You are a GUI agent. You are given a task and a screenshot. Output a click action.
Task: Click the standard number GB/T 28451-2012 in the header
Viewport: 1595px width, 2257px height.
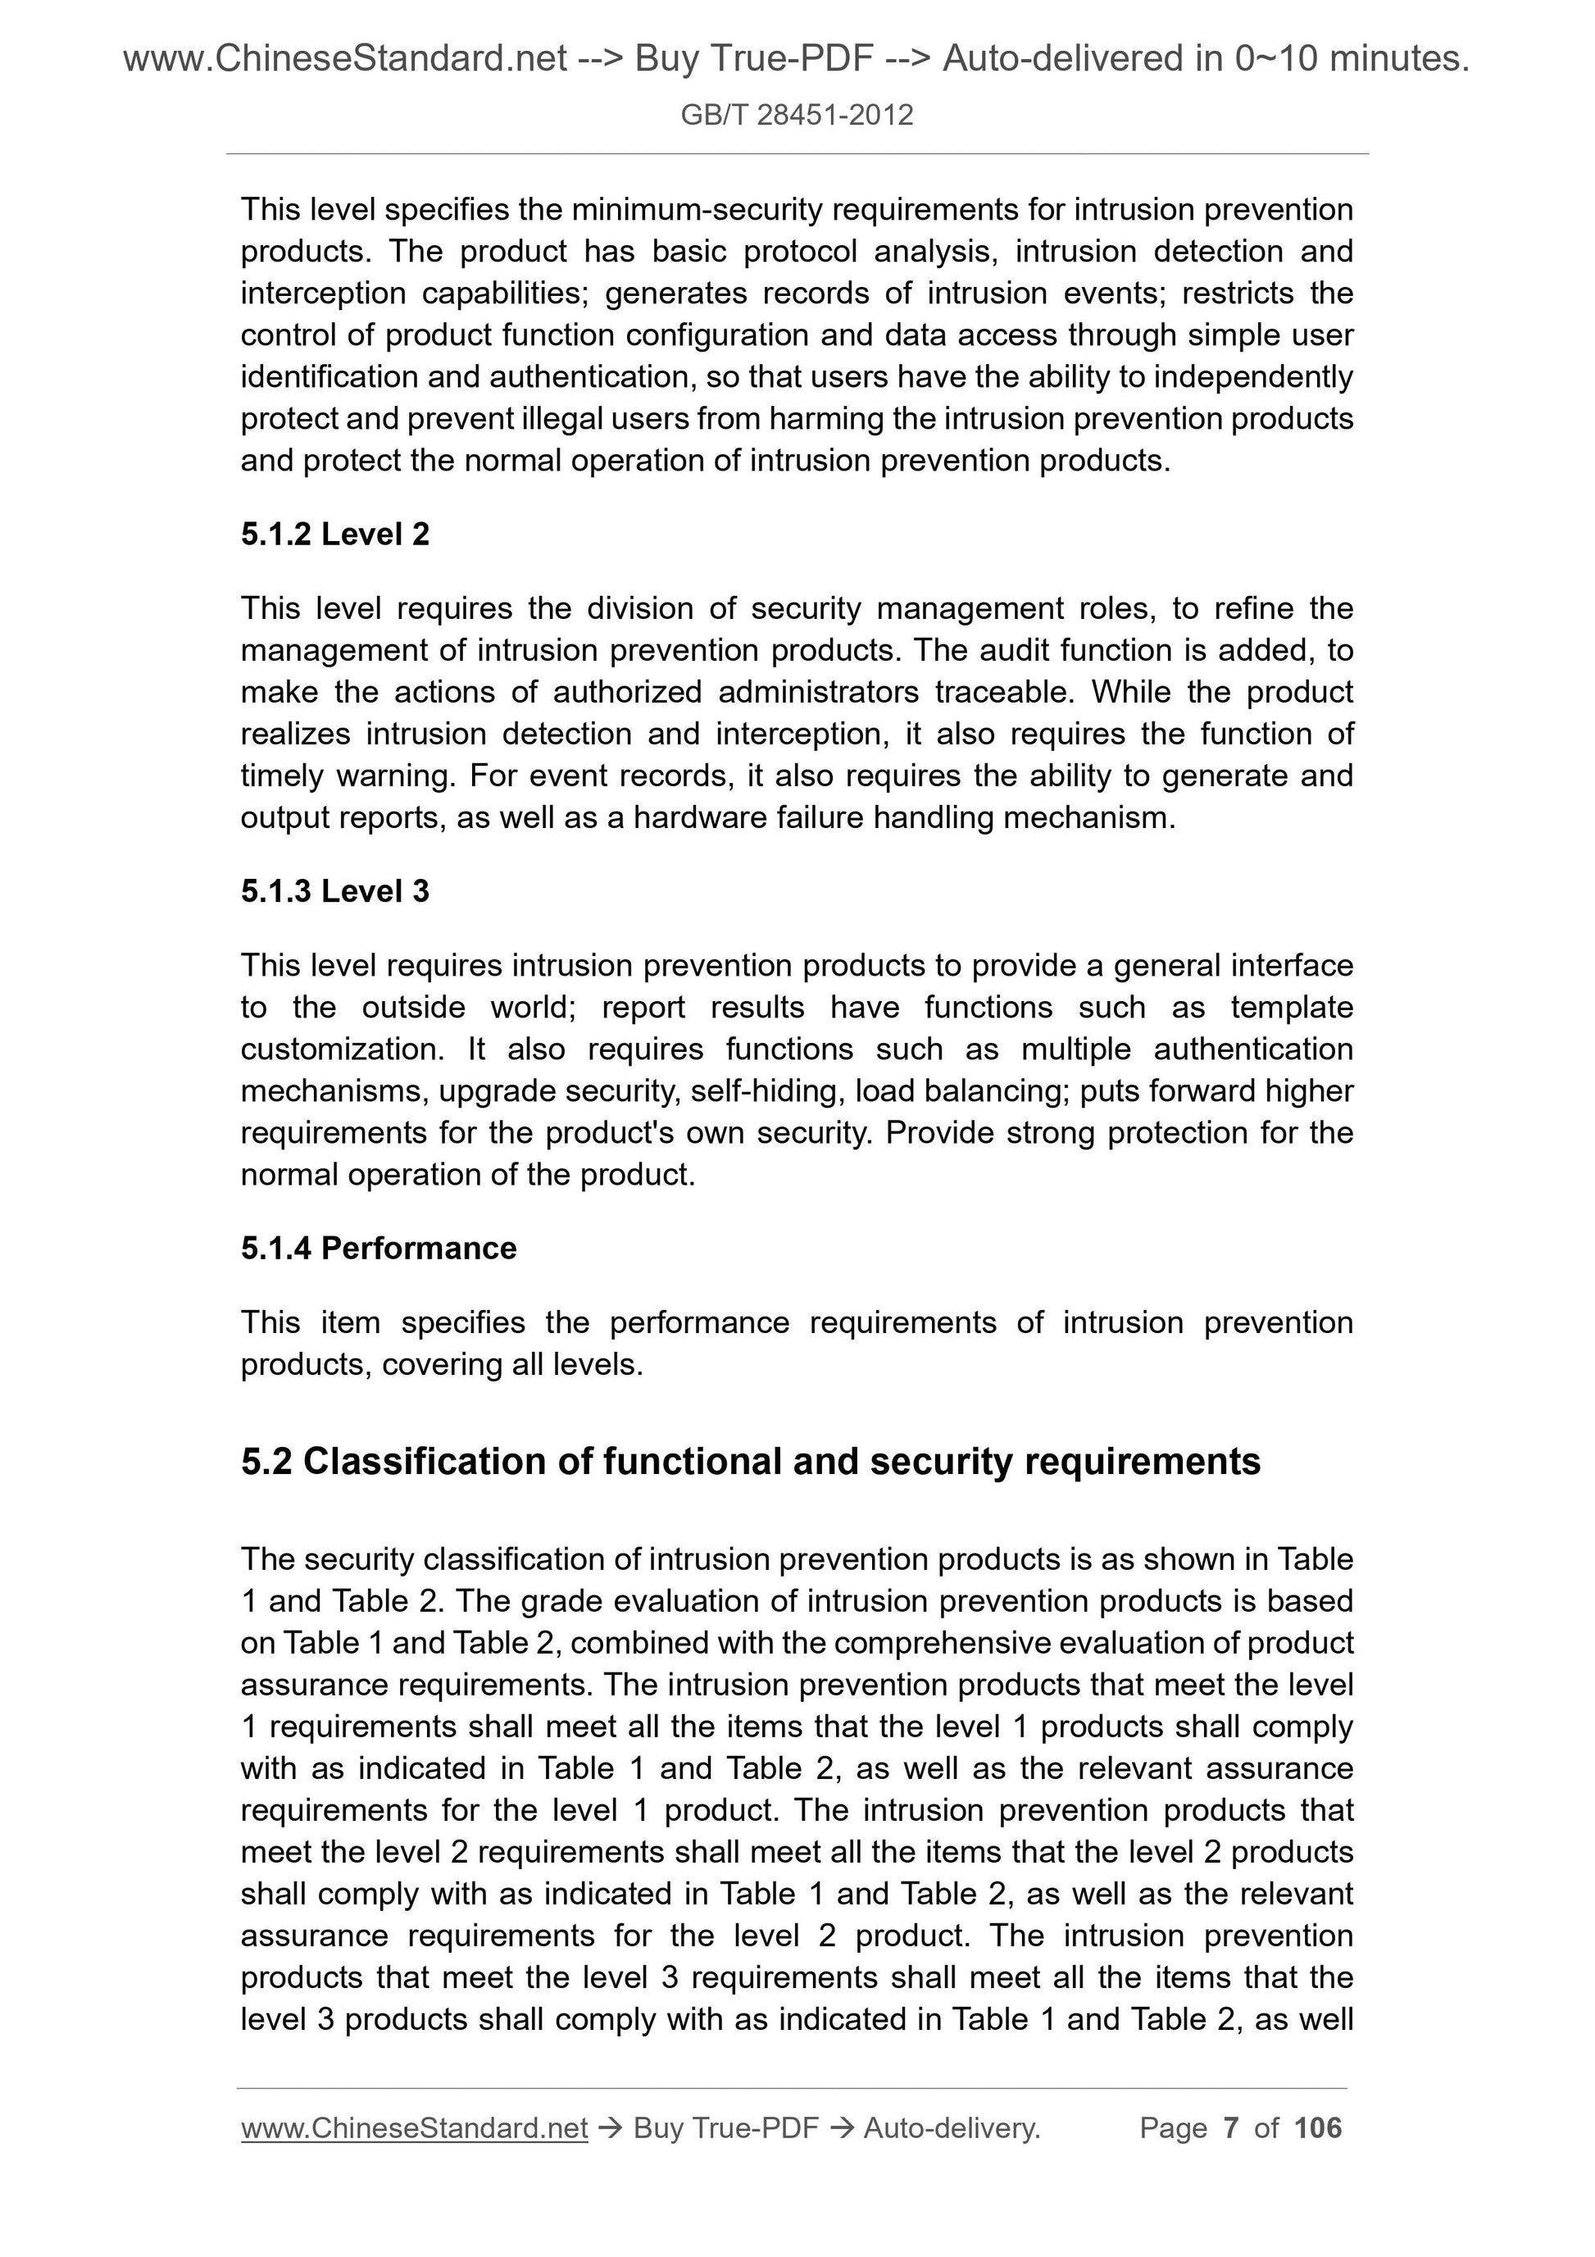pos(796,115)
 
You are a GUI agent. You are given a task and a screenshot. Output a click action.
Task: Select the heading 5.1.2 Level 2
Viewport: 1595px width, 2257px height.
pos(334,534)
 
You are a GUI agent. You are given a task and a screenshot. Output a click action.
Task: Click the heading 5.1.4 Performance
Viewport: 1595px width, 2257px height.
pos(379,1248)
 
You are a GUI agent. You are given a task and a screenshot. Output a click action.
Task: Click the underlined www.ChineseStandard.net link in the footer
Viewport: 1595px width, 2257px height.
pos(414,2128)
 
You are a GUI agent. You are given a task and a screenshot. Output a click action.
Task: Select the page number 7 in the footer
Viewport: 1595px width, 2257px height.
pos(1230,2128)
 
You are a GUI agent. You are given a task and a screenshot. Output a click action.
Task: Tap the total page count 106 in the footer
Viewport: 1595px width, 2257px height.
pos(1317,2128)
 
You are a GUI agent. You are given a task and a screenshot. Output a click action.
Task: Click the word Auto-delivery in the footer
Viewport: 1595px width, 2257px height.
pos(952,2128)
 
